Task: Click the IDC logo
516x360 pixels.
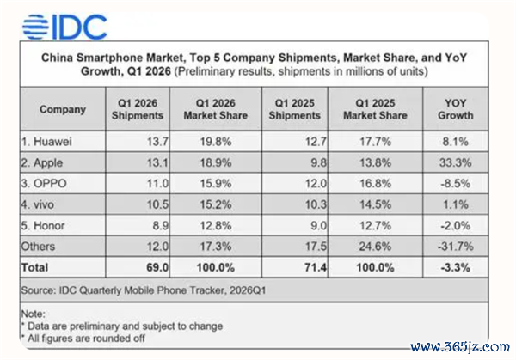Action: click(64, 27)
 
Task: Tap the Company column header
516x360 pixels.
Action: click(63, 109)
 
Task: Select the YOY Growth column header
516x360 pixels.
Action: click(456, 109)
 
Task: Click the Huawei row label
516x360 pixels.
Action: click(46, 142)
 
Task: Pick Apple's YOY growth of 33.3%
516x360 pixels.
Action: click(456, 162)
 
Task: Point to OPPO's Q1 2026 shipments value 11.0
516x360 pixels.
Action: click(157, 184)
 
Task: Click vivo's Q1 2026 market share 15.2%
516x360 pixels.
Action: click(216, 204)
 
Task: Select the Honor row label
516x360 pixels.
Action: click(43, 225)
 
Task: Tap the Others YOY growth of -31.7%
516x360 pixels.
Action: click(456, 247)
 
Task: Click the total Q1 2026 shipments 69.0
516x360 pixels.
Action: click(157, 267)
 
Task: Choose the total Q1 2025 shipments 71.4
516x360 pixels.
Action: click(316, 267)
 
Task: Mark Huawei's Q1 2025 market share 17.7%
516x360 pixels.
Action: click(375, 142)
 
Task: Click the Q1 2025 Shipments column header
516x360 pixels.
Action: click(294, 109)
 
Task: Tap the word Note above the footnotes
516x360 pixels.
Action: click(34, 314)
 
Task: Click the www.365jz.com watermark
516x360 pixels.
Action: click(460, 347)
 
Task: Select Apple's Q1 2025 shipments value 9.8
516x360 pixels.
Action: click(319, 162)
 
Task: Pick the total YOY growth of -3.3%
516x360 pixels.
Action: click(456, 267)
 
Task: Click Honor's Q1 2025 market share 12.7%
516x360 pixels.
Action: click(375, 225)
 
